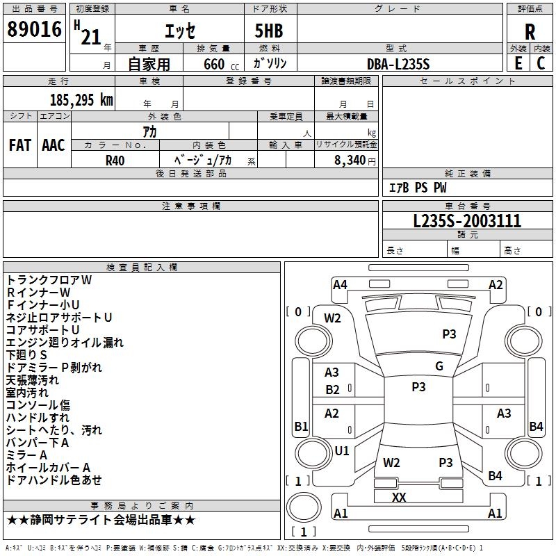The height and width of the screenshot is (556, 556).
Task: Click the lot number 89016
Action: click(x=35, y=31)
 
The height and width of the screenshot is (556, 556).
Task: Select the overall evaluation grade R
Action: click(x=530, y=31)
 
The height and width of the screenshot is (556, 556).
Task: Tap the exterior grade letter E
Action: click(x=518, y=63)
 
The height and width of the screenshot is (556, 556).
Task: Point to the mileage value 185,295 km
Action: click(x=81, y=99)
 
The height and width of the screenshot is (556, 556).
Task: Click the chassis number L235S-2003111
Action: click(x=467, y=222)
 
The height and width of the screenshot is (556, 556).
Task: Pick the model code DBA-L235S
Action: click(x=398, y=64)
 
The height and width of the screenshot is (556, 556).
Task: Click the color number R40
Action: click(x=115, y=159)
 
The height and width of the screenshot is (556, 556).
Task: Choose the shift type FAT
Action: click(x=19, y=145)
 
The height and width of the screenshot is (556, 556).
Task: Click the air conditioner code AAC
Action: click(x=54, y=145)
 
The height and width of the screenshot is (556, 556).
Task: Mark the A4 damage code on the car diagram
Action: click(x=340, y=284)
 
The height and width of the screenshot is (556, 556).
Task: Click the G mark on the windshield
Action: click(x=439, y=366)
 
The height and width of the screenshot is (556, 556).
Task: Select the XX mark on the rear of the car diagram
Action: click(x=399, y=497)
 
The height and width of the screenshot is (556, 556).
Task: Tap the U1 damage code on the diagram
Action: click(x=342, y=450)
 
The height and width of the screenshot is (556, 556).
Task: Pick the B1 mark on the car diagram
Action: click(x=301, y=426)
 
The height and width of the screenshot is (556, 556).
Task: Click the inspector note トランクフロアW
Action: click(x=49, y=280)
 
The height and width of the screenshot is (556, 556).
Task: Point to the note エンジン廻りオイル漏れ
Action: click(x=65, y=343)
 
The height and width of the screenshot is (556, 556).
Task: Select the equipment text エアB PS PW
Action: click(x=417, y=188)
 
